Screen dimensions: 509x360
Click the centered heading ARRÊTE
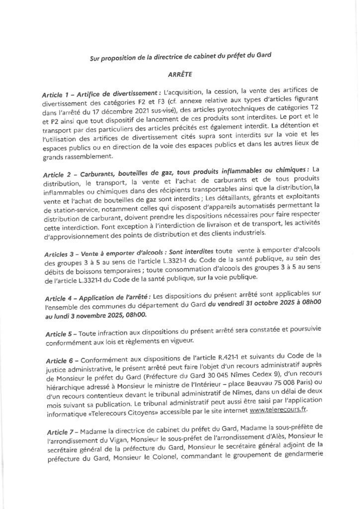(x=180, y=75)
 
